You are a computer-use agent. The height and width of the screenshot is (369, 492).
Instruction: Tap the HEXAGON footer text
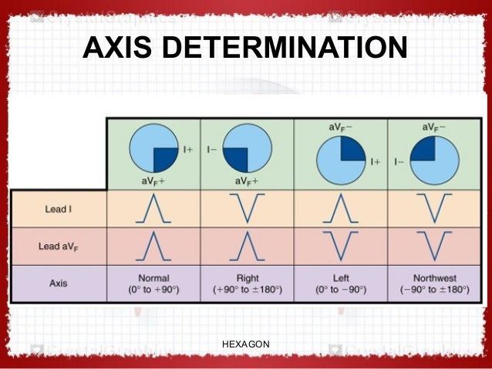click(x=245, y=344)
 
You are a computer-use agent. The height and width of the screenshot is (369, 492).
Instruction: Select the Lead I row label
click(x=56, y=209)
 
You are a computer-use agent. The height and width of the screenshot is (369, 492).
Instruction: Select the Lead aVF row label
click(x=58, y=247)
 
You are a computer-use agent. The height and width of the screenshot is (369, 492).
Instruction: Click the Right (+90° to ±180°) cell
click(x=247, y=283)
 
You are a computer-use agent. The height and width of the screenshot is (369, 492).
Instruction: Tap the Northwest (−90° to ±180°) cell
click(x=436, y=283)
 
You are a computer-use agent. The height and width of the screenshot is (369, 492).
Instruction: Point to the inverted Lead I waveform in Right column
click(x=247, y=209)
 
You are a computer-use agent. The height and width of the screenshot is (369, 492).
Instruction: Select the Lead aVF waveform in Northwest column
click(x=436, y=246)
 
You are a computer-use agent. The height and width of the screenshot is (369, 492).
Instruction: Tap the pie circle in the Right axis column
click(x=247, y=149)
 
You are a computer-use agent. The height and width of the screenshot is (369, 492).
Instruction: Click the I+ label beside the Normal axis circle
click(x=188, y=149)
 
